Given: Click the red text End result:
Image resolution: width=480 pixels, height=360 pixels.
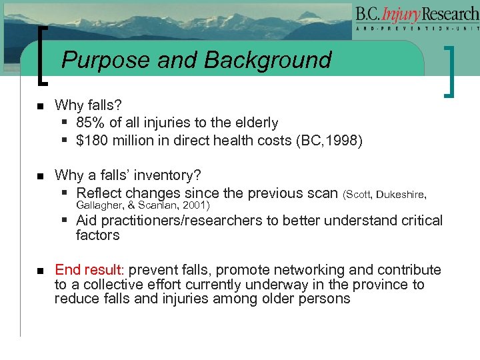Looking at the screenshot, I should point(89,270).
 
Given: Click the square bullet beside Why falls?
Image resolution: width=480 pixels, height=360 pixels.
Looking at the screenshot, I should point(40,106).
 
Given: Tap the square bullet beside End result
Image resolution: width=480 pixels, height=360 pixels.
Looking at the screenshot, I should point(40,271).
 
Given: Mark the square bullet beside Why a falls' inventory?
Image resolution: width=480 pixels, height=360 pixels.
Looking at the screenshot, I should point(40,176).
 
